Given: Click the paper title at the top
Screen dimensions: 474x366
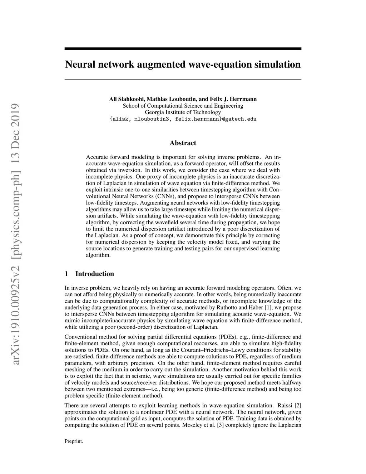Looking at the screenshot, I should (x=183, y=65).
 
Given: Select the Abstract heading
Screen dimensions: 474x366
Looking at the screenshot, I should (x=183, y=143).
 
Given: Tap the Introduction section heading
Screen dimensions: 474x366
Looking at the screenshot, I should (x=94, y=274).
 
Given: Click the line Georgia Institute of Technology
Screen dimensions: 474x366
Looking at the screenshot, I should (x=183, y=112).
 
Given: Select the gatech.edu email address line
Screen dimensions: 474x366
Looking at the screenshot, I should (x=183, y=119).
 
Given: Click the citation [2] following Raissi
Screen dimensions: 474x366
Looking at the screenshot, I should (x=298, y=406).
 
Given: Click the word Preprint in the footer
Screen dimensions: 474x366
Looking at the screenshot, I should (x=74, y=441).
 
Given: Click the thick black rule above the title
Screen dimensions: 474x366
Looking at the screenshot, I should (x=183, y=49).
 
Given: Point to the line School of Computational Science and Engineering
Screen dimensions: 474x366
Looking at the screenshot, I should (x=183, y=106).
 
